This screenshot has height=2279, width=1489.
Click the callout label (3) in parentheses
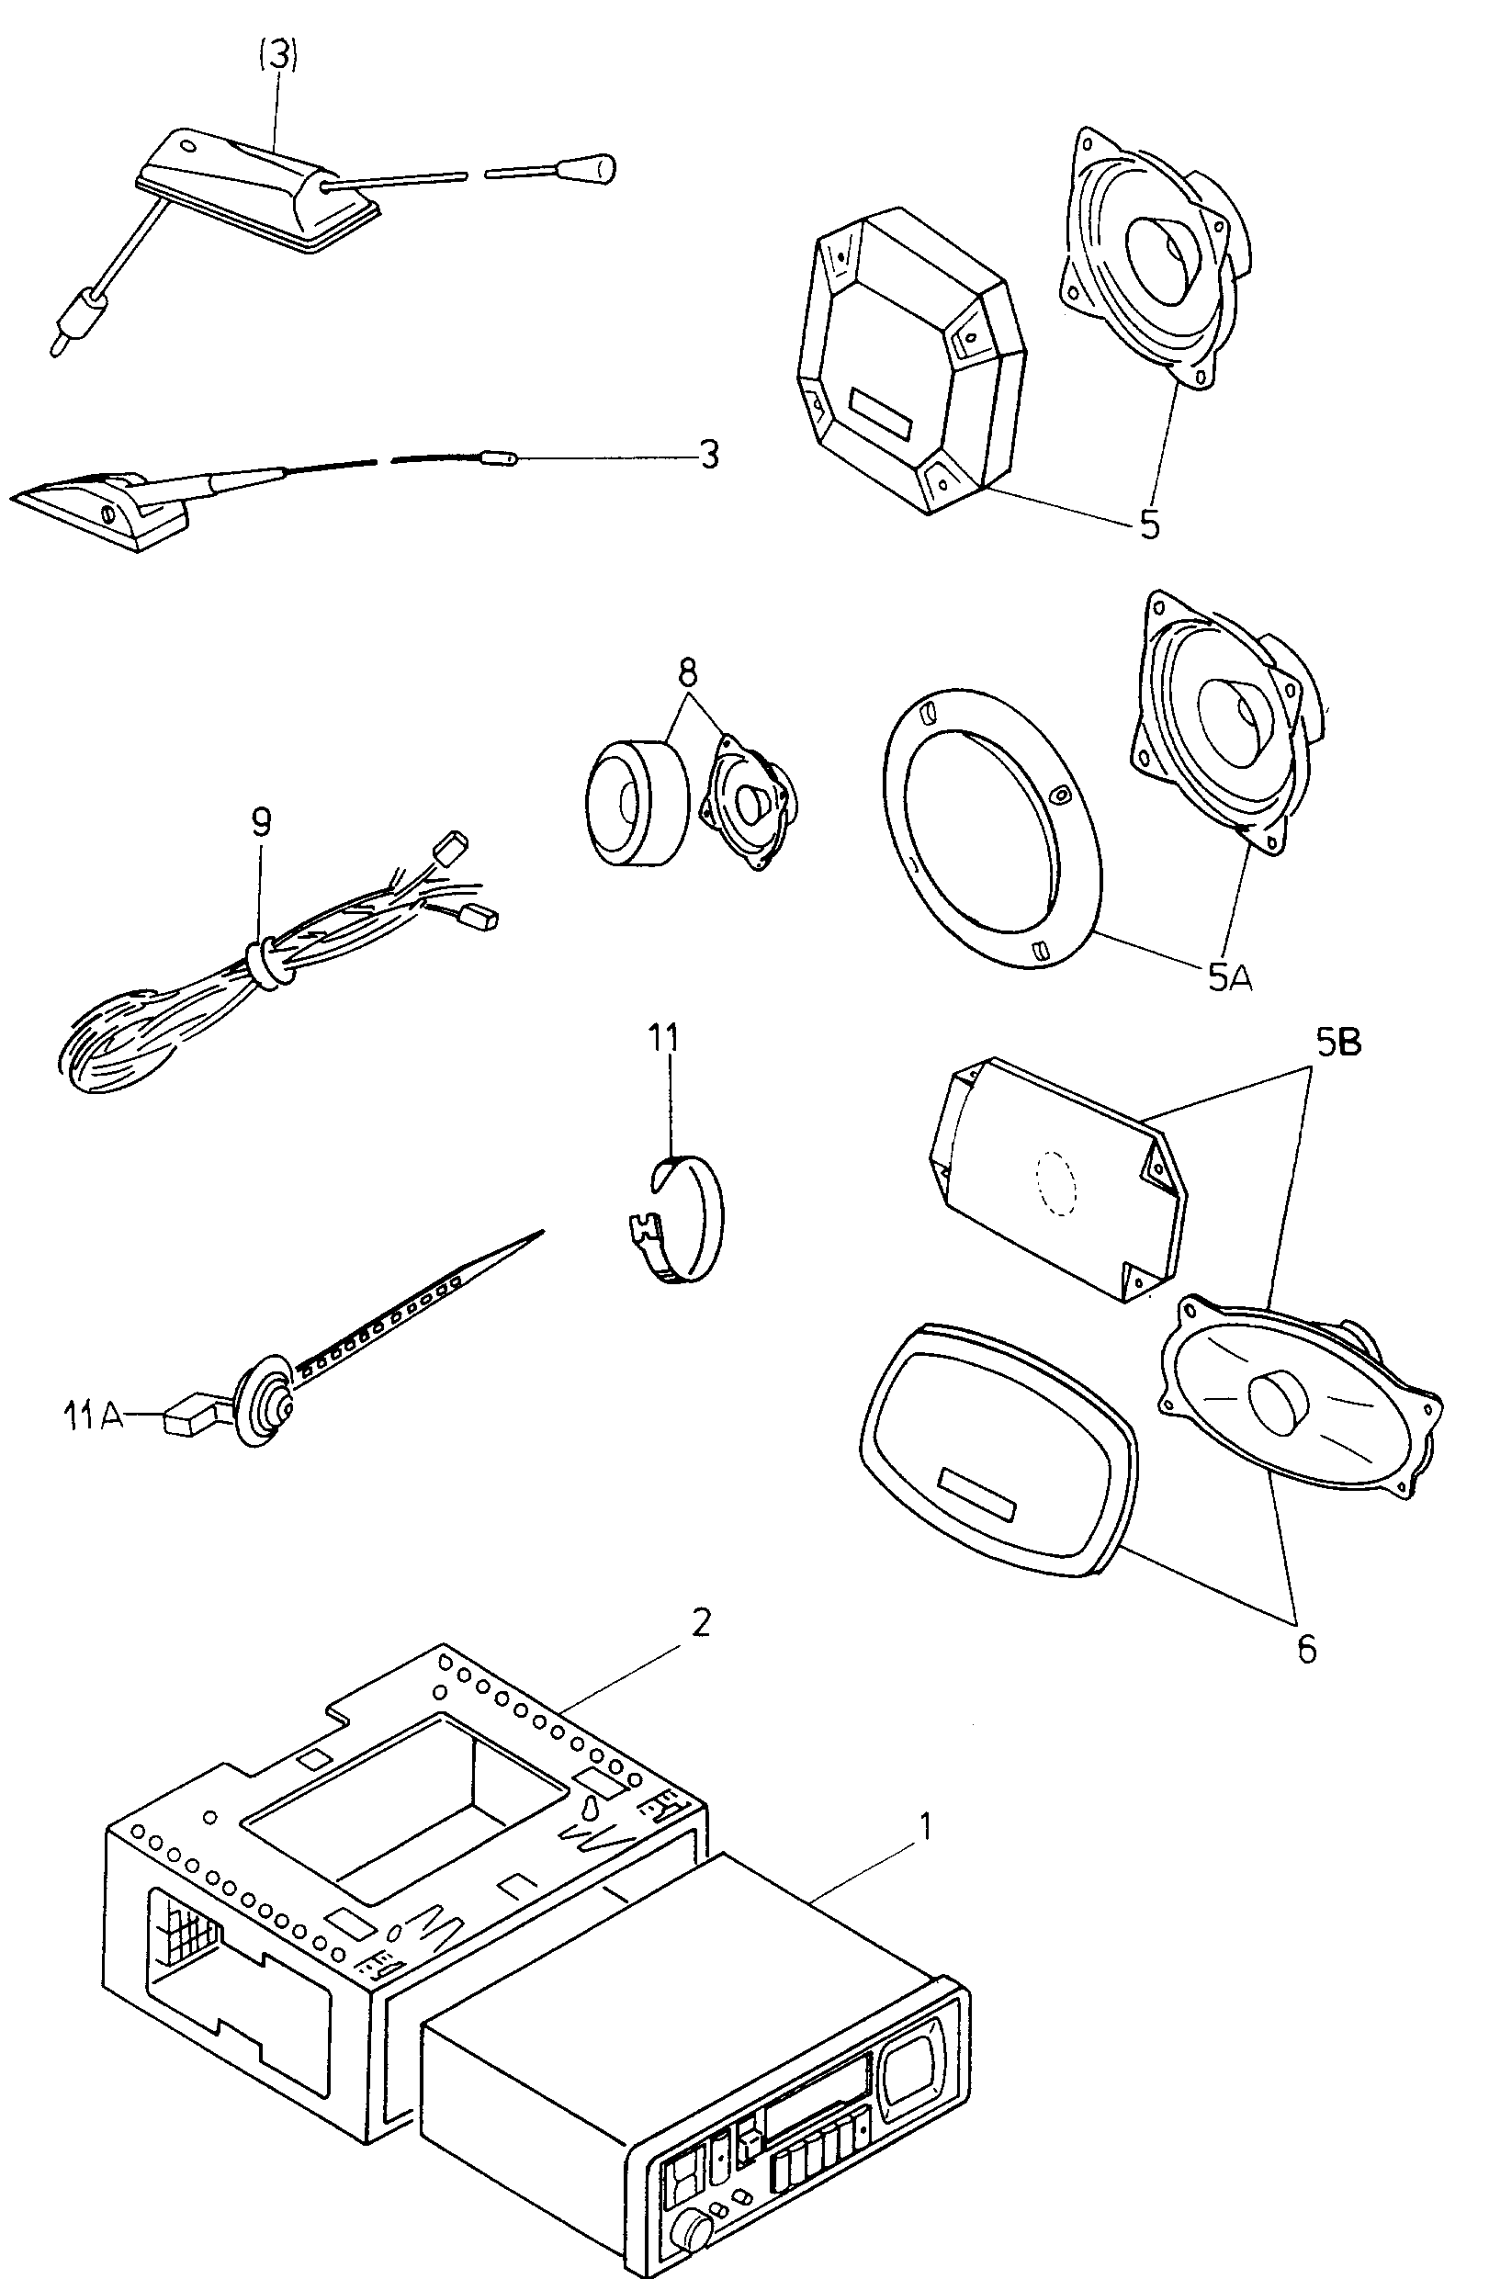[x=278, y=55]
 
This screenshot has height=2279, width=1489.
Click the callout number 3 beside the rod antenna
[x=708, y=455]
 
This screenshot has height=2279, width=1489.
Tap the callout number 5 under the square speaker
[x=1149, y=525]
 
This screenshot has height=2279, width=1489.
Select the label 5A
[x=1229, y=977]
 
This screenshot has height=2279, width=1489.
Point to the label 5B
[x=1337, y=1043]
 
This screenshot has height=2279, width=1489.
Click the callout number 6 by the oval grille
[x=1306, y=1649]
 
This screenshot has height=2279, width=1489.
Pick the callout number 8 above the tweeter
[x=687, y=673]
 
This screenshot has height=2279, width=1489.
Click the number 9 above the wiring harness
[x=262, y=821]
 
